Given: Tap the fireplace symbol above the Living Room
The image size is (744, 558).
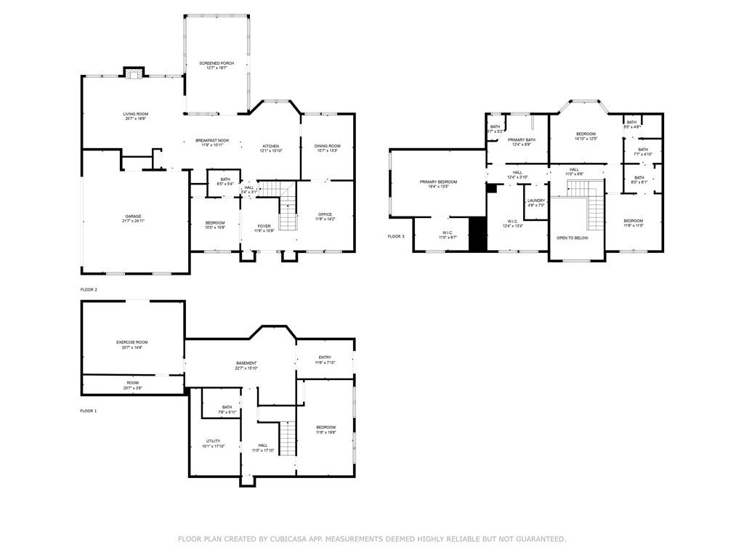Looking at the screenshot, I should tap(132, 73).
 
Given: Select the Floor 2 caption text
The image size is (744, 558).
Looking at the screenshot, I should tap(89, 290).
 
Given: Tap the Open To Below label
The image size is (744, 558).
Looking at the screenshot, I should tap(572, 238).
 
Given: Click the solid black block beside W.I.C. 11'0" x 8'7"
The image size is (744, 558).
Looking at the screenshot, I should tap(477, 234).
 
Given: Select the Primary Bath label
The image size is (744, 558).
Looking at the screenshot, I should tap(522, 142).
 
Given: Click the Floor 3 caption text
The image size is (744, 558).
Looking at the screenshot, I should tap(395, 236).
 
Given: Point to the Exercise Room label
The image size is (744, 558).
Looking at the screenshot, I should tap(132, 344).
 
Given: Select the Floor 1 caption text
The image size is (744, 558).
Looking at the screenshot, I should tap(88, 411).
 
